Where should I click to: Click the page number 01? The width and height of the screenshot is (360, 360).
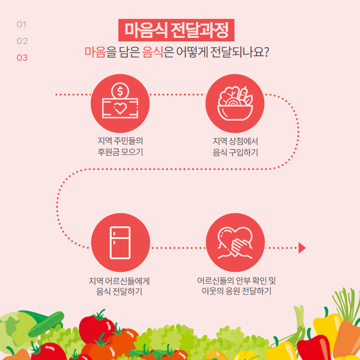pos(22,24)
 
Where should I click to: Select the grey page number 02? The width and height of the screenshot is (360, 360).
pos(22,41)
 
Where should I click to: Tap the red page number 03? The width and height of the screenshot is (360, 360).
pos(22,58)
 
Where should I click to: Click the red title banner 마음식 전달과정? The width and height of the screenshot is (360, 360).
pos(176,30)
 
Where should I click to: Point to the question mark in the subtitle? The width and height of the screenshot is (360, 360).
pos(266,52)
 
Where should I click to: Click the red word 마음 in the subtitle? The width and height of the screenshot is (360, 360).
pos(95,52)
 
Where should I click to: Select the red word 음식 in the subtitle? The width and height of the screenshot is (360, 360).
pos(153,52)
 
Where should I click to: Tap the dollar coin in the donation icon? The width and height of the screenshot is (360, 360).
pos(120,91)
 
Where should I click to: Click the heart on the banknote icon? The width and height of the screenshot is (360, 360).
pos(120,108)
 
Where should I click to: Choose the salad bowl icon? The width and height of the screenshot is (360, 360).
pos(235,103)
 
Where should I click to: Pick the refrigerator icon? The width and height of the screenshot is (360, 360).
pos(120,243)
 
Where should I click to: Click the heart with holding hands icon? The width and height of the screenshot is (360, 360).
pos(235,243)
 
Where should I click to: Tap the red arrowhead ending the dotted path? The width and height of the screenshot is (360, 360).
pos(301,248)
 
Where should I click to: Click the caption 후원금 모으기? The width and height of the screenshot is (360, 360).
pos(120,152)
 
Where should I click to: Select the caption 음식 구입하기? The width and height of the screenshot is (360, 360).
pos(235,152)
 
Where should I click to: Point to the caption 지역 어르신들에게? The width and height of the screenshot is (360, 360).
pos(119,281)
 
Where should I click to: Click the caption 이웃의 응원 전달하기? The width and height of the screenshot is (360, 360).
pos(237,291)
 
